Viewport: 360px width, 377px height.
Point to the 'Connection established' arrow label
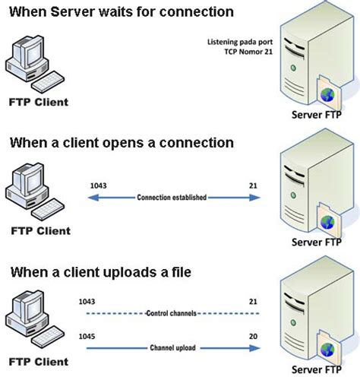(x=172, y=197)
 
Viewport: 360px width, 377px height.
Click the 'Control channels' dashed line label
(x=172, y=313)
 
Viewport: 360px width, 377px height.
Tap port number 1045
(x=88, y=335)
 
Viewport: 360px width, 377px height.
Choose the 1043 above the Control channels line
(x=88, y=301)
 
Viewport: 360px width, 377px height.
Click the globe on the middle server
(x=327, y=223)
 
